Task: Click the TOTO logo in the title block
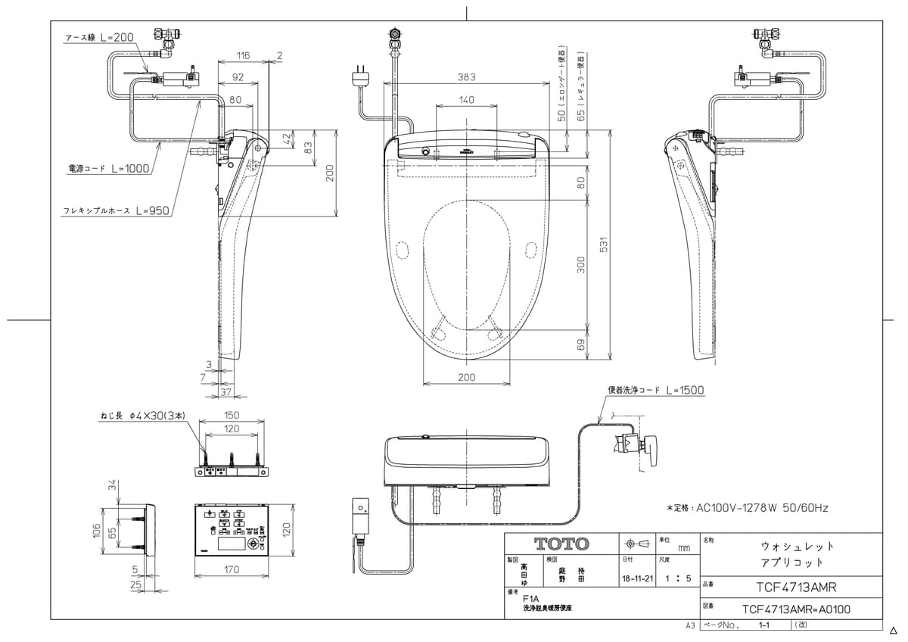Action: coord(561,544)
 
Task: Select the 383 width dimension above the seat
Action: coord(467,77)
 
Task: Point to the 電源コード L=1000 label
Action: coord(108,169)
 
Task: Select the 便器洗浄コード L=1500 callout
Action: coord(655,391)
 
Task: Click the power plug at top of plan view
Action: coord(360,76)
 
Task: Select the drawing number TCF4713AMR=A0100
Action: coord(796,608)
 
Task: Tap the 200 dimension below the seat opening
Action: coord(466,377)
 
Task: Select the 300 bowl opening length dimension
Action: coord(581,264)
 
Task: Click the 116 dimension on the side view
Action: coord(242,56)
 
